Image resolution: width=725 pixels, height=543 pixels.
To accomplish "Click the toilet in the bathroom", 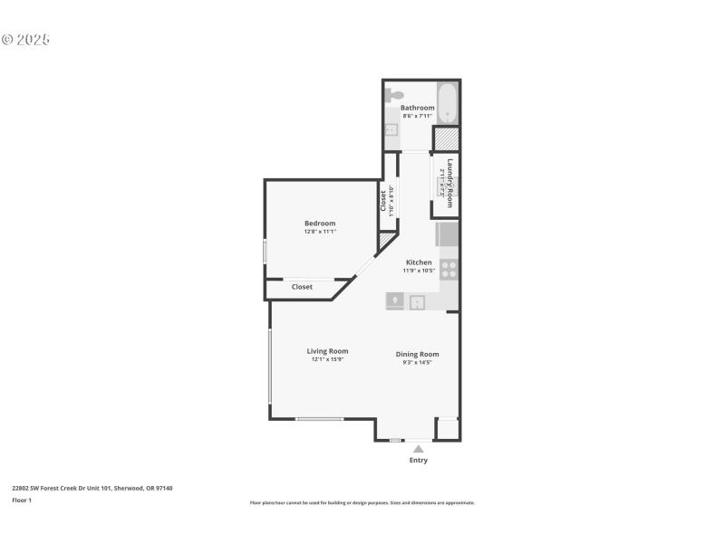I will click(394, 94).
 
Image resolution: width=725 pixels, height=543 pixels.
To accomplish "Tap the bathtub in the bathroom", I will click(447, 102).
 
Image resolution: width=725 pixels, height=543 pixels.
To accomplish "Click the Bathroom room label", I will click(418, 108).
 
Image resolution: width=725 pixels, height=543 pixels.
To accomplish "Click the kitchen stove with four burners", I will click(449, 269).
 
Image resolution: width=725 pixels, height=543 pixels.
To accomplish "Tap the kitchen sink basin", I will click(419, 301).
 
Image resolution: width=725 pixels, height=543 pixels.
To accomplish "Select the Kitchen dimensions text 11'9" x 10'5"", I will click(419, 271).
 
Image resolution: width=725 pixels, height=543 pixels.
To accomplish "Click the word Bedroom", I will click(320, 224).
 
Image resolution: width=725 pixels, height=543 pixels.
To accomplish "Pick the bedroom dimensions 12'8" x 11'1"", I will click(320, 232).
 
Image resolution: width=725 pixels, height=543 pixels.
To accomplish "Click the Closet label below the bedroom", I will click(302, 287).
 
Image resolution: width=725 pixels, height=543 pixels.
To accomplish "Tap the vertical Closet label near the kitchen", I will click(383, 200).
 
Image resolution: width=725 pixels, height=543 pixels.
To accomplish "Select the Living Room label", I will click(327, 351).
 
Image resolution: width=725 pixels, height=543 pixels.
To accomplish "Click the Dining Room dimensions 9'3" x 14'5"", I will click(418, 362).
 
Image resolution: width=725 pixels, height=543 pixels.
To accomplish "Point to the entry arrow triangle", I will click(418, 447).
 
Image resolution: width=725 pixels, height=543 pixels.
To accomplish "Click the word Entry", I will click(418, 460).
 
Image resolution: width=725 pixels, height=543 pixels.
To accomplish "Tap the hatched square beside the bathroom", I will click(446, 139).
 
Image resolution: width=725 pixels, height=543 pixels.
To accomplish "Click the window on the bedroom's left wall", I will click(265, 252).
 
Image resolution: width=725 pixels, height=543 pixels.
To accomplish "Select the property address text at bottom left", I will click(92, 488).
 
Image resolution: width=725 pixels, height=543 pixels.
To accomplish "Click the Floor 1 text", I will click(21, 500).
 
